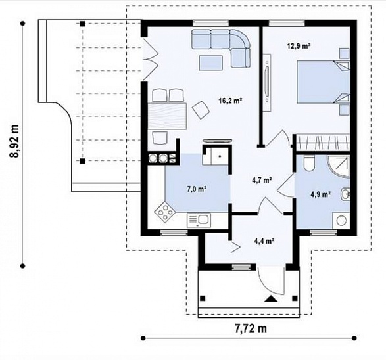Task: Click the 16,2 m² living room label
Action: (x=230, y=101)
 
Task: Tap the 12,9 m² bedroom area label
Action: (x=299, y=46)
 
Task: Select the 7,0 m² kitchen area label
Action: (x=197, y=189)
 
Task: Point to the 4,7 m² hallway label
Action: (x=262, y=180)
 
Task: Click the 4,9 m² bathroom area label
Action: (x=320, y=194)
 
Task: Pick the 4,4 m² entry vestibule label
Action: (x=264, y=240)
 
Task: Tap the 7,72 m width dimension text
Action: (x=251, y=328)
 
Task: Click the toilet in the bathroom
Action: (x=309, y=164)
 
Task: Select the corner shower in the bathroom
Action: (x=339, y=166)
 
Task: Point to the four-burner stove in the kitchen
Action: (x=164, y=212)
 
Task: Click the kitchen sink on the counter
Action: (x=199, y=220)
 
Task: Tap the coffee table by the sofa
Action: (x=211, y=62)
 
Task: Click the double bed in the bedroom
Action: (x=324, y=81)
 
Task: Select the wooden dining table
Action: (x=166, y=116)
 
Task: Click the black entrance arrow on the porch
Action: (x=271, y=298)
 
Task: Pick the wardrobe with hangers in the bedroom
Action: (x=323, y=143)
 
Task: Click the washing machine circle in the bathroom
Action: (x=341, y=221)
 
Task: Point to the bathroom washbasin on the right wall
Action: (x=345, y=194)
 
